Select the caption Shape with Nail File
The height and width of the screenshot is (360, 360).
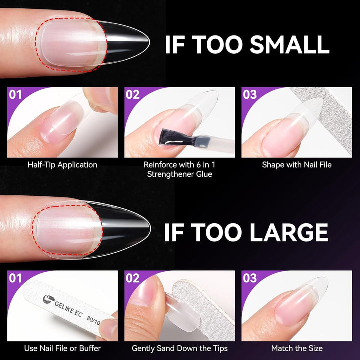click(x=297, y=164)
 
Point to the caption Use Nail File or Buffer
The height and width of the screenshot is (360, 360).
click(x=62, y=348)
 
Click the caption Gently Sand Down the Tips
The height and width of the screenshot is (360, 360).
click(x=180, y=348)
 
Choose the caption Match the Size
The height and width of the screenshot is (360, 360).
click(x=297, y=348)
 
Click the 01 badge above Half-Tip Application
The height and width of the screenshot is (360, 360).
click(x=16, y=94)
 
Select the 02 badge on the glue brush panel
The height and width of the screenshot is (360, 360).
click(x=133, y=94)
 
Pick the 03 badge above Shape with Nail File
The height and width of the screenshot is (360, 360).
click(x=250, y=94)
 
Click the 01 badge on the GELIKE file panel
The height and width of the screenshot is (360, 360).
click(x=16, y=278)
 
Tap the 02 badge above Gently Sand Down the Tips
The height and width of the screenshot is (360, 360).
click(x=133, y=278)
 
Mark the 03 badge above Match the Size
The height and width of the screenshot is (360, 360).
click(x=250, y=278)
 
